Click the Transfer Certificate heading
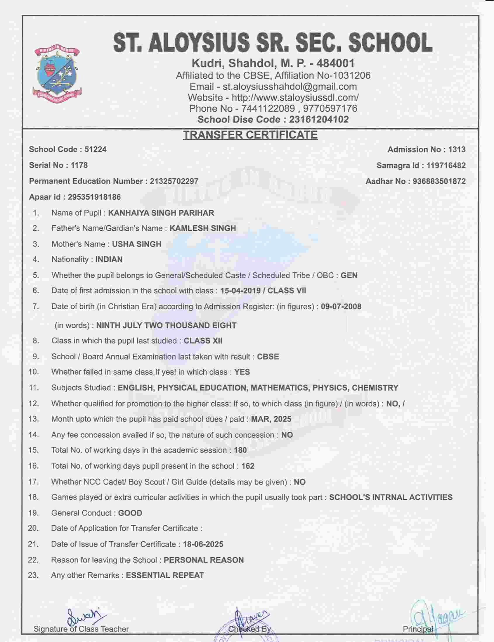250,135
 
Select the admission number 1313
457,150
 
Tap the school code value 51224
96,149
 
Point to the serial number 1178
79,165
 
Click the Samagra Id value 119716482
446,165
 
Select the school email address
290,87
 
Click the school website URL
295,97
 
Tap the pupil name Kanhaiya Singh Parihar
161,213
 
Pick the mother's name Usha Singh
136,244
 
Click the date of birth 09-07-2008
341,307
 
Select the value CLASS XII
203,341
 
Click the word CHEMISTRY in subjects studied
375,388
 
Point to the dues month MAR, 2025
271,419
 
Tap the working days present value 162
248,466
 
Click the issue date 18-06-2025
203,544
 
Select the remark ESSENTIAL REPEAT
165,575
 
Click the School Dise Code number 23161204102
319,119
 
